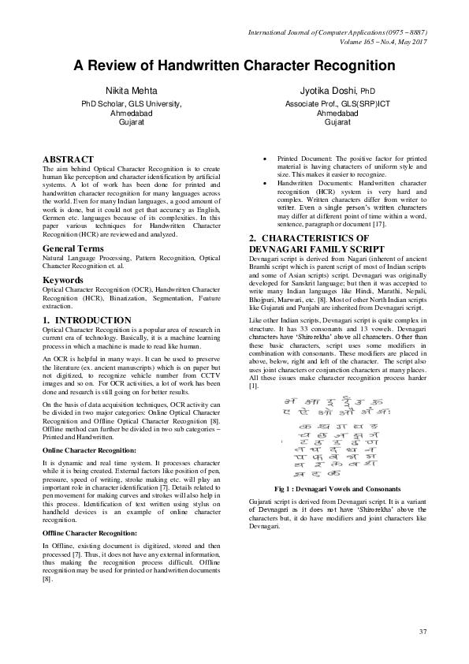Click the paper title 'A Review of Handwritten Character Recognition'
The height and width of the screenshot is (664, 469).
coord(235,66)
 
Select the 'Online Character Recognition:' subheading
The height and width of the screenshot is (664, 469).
coord(89,450)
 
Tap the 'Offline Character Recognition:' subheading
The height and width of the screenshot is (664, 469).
coord(90,534)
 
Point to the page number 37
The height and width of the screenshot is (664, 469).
coord(422,632)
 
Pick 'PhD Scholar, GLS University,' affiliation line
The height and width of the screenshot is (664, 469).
coord(132,104)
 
